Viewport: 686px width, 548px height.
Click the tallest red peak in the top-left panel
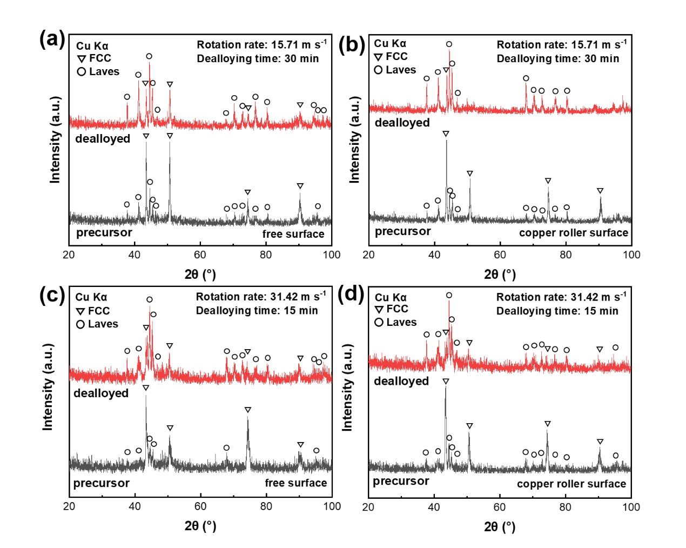(x=150, y=64)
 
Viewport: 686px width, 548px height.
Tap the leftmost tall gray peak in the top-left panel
(x=146, y=143)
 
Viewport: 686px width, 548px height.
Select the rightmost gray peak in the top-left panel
(x=300, y=194)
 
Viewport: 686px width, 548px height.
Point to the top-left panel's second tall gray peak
(x=170, y=143)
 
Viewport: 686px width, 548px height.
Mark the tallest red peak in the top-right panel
(x=449, y=51)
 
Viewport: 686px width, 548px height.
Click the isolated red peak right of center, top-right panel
(x=526, y=84)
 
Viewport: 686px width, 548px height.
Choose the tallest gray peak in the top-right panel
(x=446, y=142)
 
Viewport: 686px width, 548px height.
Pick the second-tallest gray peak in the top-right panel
(x=470, y=179)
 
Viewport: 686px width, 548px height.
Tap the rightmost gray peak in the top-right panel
(x=601, y=198)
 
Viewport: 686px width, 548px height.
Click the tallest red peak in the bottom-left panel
(x=150, y=307)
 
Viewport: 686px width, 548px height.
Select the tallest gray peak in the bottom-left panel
(x=146, y=396)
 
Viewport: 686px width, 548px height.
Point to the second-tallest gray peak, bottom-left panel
(x=248, y=417)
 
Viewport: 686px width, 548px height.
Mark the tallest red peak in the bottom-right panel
(x=449, y=301)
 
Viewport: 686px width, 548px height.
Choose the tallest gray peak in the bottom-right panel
(x=446, y=387)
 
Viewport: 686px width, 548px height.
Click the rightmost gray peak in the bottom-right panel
(x=600, y=448)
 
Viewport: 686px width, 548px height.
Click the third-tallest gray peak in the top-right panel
(x=548, y=188)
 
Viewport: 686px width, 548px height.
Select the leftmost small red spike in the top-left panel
(x=127, y=104)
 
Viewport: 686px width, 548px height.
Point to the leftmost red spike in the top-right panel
(x=427, y=84)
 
